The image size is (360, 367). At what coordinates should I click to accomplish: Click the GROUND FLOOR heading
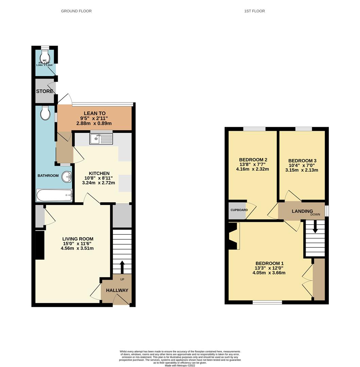point(76,11)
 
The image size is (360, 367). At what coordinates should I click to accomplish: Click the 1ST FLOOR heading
point(254,11)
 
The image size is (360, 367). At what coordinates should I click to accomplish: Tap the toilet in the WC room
point(45,56)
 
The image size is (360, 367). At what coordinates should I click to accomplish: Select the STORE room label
point(45,91)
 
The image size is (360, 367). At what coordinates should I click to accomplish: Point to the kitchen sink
point(101,139)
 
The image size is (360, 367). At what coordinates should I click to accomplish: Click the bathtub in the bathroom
point(54,196)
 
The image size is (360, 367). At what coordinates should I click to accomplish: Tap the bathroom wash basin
point(67,176)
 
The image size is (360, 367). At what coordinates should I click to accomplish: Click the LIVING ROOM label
point(78,239)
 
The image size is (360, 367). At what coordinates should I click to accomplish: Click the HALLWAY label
point(117,291)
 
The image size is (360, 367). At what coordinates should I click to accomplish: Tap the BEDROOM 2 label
point(253,160)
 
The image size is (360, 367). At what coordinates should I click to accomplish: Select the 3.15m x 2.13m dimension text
point(302,170)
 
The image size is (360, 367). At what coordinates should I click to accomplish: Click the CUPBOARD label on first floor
point(239,210)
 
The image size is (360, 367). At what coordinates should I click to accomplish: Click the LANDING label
point(302,211)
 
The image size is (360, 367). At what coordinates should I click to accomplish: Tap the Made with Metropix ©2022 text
point(180,366)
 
